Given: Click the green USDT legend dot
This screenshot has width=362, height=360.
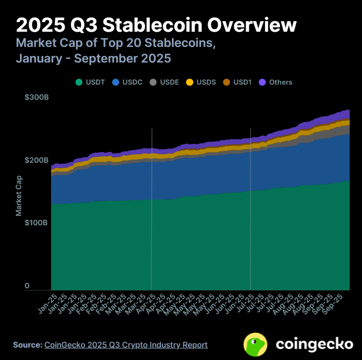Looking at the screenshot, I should click(79, 82).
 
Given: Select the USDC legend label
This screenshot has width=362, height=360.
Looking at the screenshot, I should click(132, 82).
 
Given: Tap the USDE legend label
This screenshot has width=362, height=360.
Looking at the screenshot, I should click(168, 82).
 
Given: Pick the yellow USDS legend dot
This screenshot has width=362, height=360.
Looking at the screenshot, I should click(189, 82).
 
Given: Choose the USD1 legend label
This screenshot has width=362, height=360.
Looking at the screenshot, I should click(242, 82).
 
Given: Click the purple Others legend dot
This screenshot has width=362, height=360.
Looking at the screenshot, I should click(263, 82).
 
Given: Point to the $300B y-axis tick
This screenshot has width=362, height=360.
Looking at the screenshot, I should click(36, 98).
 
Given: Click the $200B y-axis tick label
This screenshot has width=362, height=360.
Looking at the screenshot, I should click(36, 160).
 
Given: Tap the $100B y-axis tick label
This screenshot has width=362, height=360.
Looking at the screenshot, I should click(36, 223).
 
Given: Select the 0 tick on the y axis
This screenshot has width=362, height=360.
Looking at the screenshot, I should click(27, 286).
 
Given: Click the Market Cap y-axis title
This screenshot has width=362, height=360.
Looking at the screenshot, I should click(19, 195).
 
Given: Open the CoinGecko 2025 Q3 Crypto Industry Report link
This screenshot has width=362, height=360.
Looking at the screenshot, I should click(126, 345).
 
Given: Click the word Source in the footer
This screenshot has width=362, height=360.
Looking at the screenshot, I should click(27, 345).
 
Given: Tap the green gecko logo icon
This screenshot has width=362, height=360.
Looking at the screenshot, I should click(256, 344).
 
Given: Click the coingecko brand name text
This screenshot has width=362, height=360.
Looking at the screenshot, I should click(315, 344).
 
